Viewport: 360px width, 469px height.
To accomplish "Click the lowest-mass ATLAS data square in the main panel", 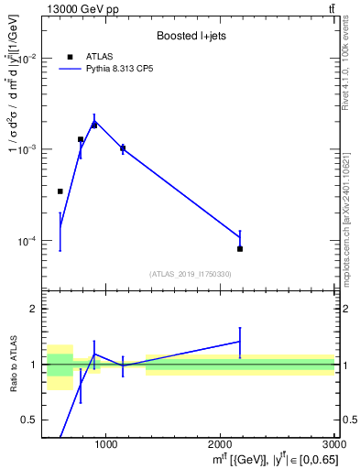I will click(x=60, y=191).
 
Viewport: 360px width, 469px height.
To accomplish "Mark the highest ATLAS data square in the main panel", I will click(x=94, y=125).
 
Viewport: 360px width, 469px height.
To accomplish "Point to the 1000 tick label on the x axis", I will click(x=106, y=444).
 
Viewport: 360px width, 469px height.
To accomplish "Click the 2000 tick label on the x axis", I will click(x=221, y=444).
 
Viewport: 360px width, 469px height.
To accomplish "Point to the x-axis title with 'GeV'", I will click(x=276, y=458).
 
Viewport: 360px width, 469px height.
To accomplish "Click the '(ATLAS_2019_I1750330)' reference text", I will click(x=190, y=274).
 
